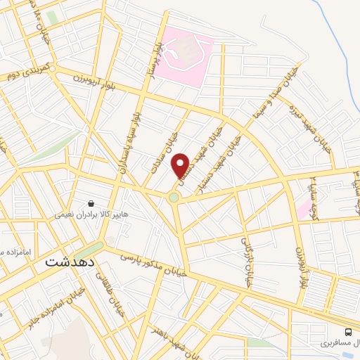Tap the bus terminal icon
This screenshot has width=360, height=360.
(x=348, y=332)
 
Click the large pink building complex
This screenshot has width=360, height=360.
(x=184, y=53)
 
